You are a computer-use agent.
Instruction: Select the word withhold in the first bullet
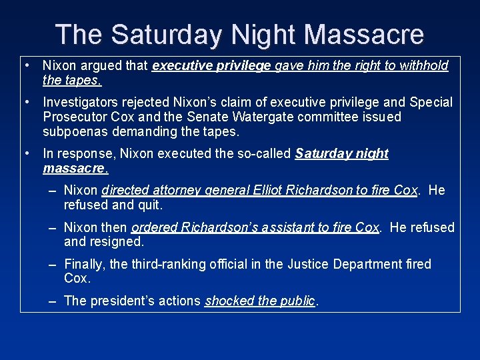(x=424, y=65)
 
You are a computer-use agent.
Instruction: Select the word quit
(x=150, y=205)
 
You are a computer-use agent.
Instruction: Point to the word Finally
(x=84, y=265)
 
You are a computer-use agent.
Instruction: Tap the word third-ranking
(x=151, y=265)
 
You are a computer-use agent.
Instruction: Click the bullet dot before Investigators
(x=25, y=102)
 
